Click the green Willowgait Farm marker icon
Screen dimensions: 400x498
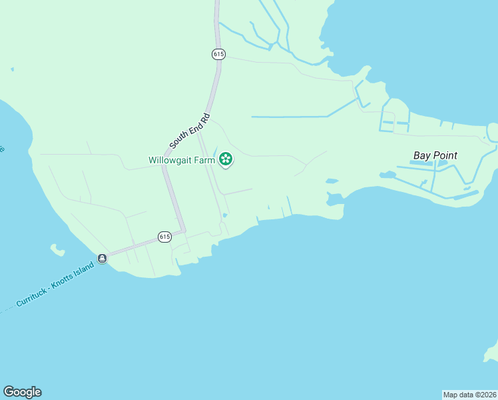click(x=226, y=159)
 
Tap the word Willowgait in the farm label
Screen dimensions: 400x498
click(x=171, y=160)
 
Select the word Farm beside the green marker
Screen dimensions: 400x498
click(x=206, y=160)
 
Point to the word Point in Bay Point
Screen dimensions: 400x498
click(x=445, y=155)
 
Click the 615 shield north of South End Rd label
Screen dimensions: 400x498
click(x=218, y=54)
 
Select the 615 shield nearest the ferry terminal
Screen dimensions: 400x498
click(x=164, y=236)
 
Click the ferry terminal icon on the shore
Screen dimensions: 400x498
click(x=102, y=258)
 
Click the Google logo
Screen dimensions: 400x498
click(x=22, y=392)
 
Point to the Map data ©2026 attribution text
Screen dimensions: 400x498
click(x=469, y=395)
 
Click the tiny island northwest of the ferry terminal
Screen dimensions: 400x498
click(x=57, y=251)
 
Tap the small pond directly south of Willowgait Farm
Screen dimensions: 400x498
click(x=225, y=215)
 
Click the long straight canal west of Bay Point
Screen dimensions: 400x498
click(x=290, y=117)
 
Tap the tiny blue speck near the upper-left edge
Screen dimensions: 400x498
click(x=12, y=69)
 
